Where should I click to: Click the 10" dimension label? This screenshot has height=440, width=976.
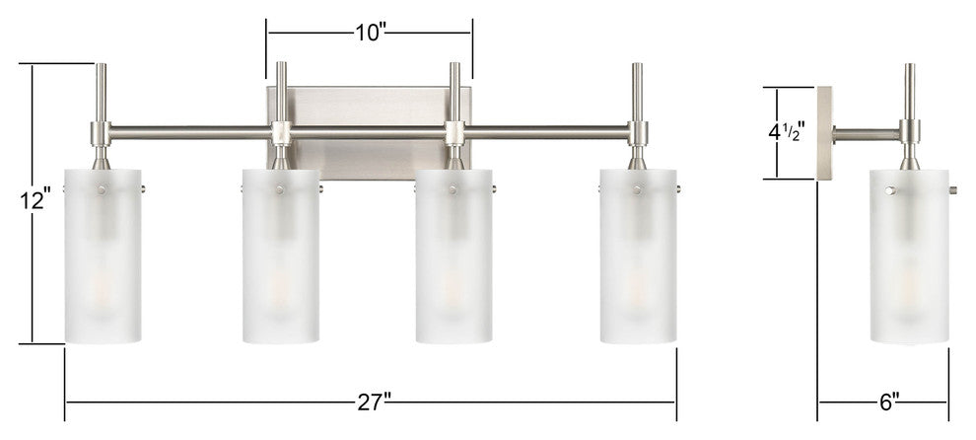[369, 32]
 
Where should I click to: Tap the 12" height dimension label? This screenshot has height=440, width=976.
[34, 200]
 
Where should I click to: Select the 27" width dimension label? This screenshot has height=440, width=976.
[374, 402]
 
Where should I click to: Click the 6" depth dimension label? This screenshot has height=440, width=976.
[888, 402]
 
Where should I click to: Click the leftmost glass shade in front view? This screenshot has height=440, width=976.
[103, 257]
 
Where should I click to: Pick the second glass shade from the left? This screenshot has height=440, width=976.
[281, 257]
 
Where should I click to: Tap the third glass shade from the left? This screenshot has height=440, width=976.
[454, 257]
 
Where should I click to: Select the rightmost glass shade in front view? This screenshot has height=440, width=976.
[638, 257]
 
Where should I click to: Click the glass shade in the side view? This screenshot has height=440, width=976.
[909, 257]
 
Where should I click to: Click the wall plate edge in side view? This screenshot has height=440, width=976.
[824, 133]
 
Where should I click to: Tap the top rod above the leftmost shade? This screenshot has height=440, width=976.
[102, 91]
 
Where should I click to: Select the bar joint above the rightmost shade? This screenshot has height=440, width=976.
[638, 132]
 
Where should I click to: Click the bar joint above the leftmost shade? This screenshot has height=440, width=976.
[102, 132]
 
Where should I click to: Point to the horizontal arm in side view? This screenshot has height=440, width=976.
[866, 132]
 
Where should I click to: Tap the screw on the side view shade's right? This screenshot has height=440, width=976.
[953, 187]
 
